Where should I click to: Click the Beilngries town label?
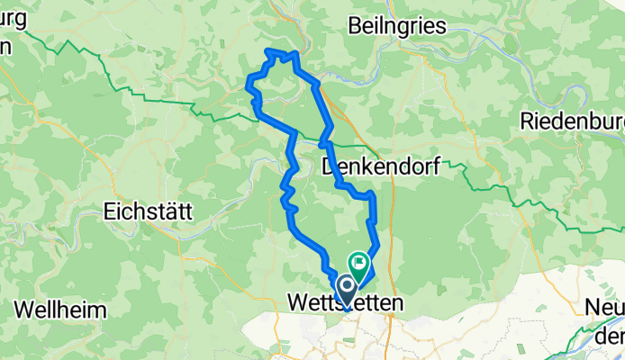click(x=397, y=26)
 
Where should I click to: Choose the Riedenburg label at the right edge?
click(x=573, y=121)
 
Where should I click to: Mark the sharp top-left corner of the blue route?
click(x=268, y=50)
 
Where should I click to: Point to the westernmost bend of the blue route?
click(x=248, y=86)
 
